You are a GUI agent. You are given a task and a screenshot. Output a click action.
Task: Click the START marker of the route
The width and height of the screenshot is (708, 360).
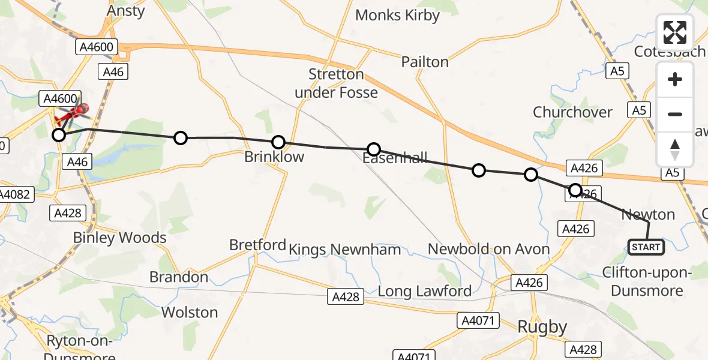coord(646,247)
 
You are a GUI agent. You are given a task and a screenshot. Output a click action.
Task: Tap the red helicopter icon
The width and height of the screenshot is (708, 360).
coord(73,113)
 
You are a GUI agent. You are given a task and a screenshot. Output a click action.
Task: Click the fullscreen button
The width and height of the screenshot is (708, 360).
coord(675,32)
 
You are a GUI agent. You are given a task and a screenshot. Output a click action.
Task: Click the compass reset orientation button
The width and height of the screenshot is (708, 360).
coord(675,149)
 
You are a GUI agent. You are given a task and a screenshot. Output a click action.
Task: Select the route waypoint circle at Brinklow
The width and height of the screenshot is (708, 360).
coord(278,142)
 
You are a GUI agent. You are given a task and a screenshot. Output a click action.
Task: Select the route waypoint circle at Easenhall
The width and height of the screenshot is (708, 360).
coord(374,149)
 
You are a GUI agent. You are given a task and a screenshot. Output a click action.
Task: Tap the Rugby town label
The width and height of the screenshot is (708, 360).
coord(542,327)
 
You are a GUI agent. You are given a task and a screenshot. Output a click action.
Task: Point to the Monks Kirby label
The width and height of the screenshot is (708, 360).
coord(397,15)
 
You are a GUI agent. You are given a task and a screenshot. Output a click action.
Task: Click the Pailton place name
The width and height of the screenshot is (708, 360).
coord(425,62)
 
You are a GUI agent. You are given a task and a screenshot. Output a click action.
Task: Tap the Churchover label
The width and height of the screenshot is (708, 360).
coord(572,112)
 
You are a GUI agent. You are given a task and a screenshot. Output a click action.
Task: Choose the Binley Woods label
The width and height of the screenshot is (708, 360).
coord(119,238)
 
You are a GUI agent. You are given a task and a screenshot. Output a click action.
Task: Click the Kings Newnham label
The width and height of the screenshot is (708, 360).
coord(344,249)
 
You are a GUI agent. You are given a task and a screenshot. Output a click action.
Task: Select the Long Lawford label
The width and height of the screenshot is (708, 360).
coord(424,292)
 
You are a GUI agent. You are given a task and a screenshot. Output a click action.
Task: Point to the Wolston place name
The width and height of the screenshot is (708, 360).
coord(190,313)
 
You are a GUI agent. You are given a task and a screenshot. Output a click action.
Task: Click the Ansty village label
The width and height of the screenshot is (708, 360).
coord(126,11)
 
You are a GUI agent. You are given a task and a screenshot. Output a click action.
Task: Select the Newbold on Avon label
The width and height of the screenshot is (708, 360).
coord(488,249)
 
